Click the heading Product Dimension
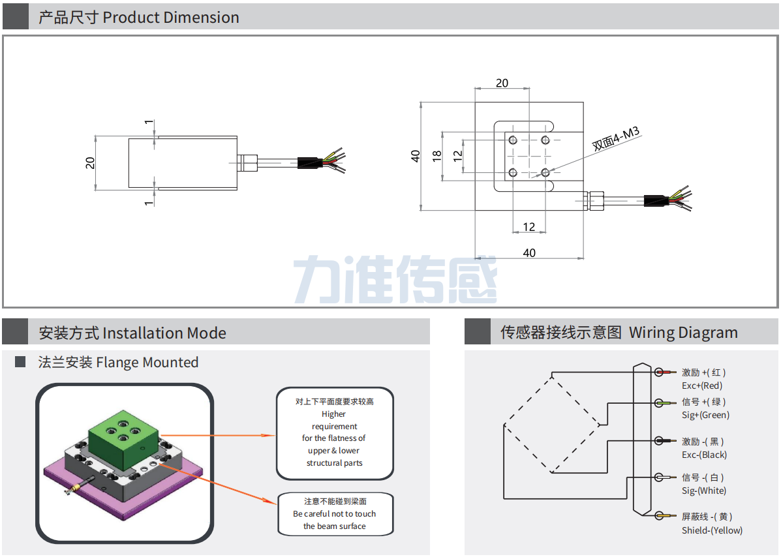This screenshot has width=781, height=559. click(138, 18)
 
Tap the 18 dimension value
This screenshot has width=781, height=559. click(437, 156)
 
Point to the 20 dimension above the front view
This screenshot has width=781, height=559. click(502, 83)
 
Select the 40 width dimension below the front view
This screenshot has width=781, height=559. click(529, 252)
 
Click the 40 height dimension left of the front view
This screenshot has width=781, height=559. click(415, 156)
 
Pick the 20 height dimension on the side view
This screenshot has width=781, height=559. click(90, 163)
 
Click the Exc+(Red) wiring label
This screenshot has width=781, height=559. click(702, 385)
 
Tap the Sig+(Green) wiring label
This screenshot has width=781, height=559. click(705, 415)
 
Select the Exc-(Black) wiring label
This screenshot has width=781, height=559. click(704, 455)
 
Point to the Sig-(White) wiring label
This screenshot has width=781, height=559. click(703, 491)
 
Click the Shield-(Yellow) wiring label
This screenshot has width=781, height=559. click(712, 530)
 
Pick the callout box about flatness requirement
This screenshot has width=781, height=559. click(335, 432)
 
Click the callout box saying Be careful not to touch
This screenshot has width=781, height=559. click(335, 514)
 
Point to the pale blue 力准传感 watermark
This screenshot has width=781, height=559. click(395, 279)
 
